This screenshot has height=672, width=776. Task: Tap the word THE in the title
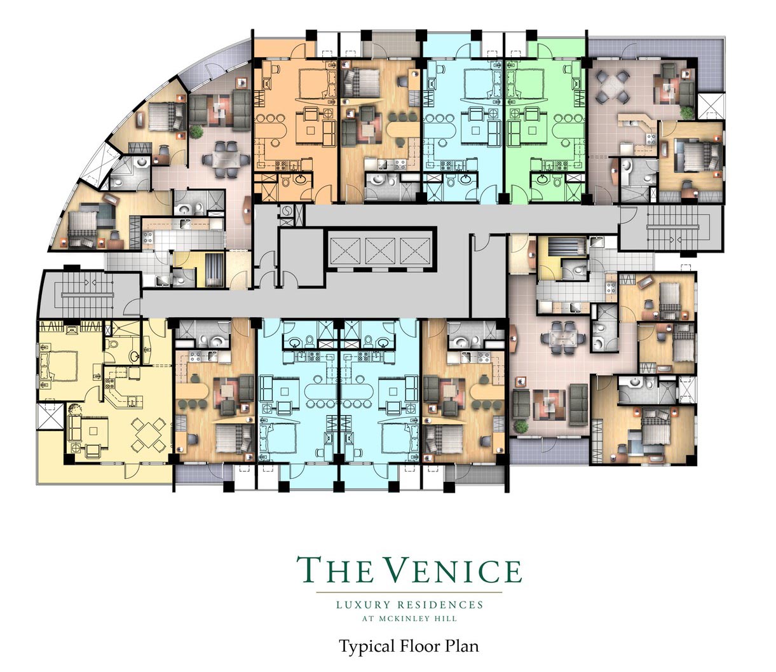[335, 570]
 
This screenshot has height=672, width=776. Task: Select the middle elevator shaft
[380, 250]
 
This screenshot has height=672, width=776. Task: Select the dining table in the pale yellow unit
[149, 435]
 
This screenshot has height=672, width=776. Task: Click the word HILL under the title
[449, 619]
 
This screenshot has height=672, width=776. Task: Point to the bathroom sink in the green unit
[541, 179]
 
